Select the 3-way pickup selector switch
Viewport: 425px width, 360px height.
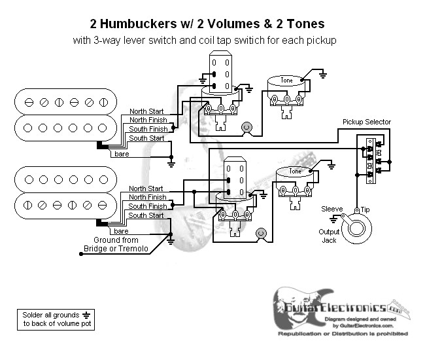coord(371,157)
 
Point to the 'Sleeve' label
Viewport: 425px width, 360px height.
coord(332,209)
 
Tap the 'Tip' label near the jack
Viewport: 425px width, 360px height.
coord(365,209)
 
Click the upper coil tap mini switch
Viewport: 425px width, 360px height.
coord(219,73)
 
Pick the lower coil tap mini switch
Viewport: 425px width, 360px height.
coord(235,178)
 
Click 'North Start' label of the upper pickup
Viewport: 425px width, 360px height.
coord(147,111)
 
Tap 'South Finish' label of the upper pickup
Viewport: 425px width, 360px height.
coord(147,129)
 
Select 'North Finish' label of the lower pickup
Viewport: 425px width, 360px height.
coord(147,197)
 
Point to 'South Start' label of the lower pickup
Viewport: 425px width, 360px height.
coord(147,215)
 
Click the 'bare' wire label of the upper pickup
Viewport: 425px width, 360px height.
coord(122,154)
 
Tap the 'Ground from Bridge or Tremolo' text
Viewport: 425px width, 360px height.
coord(116,244)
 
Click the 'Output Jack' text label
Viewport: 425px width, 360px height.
coord(330,236)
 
